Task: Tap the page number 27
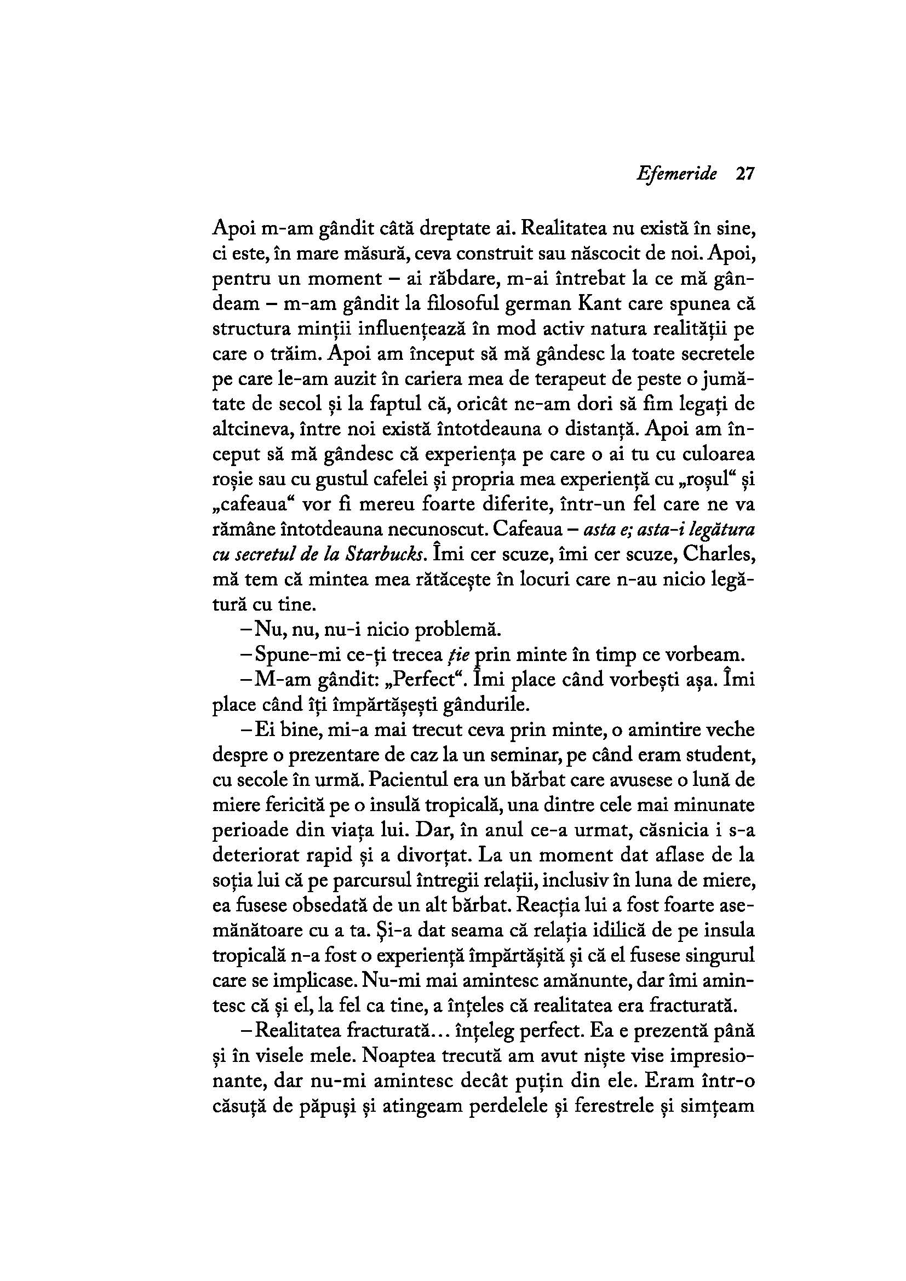744,174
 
